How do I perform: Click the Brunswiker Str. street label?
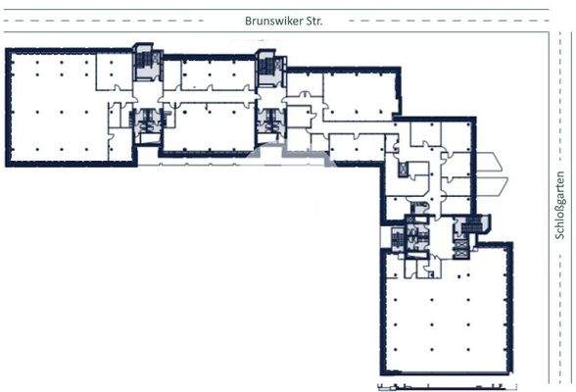[x=284, y=19]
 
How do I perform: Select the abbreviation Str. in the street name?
[x=311, y=19]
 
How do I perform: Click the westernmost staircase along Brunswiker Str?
[x=145, y=62]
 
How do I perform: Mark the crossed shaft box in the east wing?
[x=404, y=171]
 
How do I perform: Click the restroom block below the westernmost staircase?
[x=149, y=121]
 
